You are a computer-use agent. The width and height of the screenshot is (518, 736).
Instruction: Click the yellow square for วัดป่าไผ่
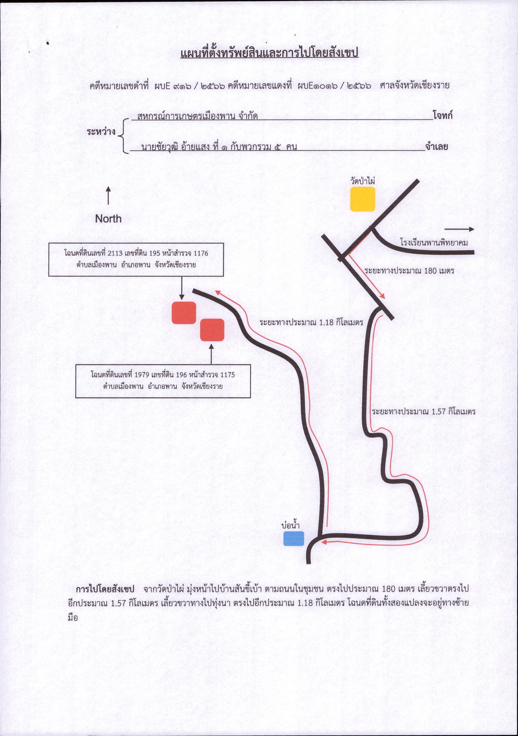362,199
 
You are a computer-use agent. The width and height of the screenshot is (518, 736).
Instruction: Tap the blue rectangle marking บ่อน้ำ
293,539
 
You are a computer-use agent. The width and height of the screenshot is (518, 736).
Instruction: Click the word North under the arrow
108,219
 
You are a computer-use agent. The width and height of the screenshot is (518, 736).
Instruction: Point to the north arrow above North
108,196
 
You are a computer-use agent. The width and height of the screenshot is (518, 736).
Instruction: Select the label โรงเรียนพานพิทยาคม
434,242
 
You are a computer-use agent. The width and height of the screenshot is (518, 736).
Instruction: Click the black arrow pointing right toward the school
459,229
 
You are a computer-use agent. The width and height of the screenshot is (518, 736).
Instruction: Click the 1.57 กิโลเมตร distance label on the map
424,412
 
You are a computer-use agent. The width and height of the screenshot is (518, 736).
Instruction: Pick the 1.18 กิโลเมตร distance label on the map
311,322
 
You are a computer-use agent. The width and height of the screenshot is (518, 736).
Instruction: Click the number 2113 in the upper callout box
115,253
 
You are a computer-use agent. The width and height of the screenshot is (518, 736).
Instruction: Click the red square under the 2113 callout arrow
184,312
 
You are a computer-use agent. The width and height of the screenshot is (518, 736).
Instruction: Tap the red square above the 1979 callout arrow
212,330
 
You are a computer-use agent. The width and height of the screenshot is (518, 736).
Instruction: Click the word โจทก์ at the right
442,115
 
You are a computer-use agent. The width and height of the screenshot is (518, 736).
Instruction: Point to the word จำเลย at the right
437,147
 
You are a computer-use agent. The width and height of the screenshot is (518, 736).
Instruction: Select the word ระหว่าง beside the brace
101,132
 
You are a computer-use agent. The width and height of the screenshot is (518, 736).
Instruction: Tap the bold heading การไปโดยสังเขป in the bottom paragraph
105,589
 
